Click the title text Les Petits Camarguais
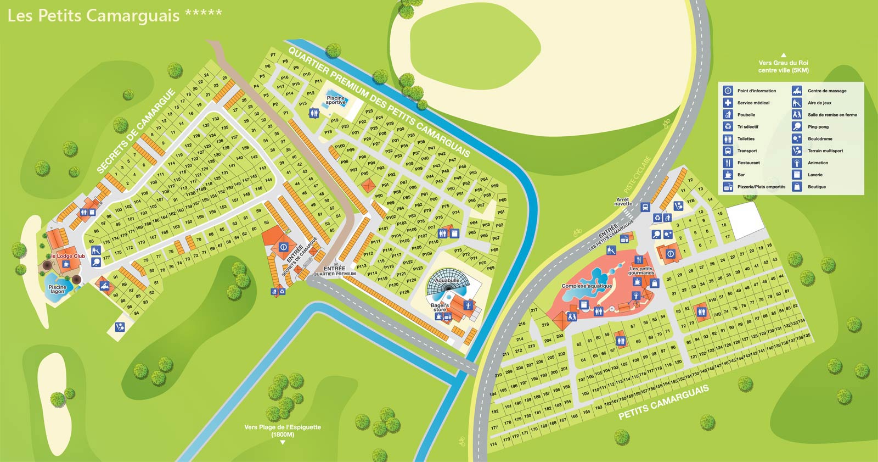(x=93, y=15)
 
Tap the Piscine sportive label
(x=336, y=101)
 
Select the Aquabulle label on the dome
(x=447, y=281)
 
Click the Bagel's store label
(x=440, y=307)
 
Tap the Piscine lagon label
(x=57, y=289)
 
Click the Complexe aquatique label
(x=587, y=286)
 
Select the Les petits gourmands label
(x=641, y=271)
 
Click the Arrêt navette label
(x=623, y=202)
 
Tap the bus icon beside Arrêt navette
(x=645, y=207)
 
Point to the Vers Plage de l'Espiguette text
(x=283, y=430)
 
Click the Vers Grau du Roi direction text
(x=783, y=66)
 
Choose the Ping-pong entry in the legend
(x=818, y=127)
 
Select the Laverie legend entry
(x=815, y=175)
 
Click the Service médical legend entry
(x=753, y=103)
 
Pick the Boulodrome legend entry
(x=819, y=139)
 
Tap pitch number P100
(x=340, y=146)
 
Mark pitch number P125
(x=404, y=292)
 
